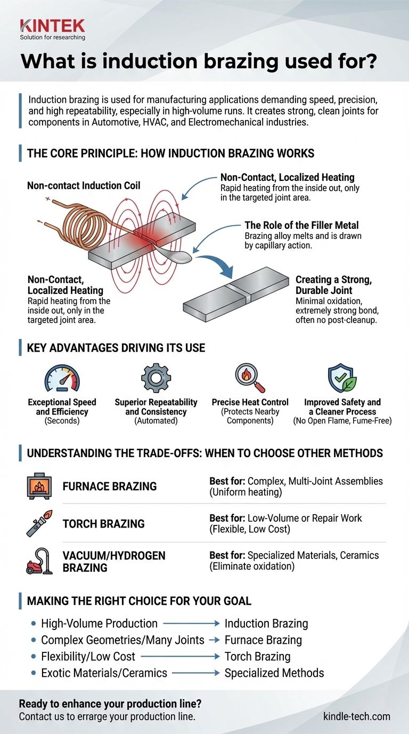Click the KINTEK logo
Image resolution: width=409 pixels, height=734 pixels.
coord(52,26)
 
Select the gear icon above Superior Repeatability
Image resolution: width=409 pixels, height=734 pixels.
coord(156,379)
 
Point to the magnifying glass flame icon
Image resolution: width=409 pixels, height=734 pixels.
coord(250,379)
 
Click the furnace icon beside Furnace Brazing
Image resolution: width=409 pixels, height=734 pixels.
coord(39,486)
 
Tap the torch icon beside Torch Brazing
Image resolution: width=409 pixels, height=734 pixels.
coord(39,523)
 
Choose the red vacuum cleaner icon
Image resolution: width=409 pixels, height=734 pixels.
coord(39,561)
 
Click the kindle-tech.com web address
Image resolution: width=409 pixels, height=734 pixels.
coord(356,716)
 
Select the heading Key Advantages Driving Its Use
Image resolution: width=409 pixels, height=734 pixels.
coord(116,348)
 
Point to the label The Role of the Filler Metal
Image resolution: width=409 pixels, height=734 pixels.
coord(301,226)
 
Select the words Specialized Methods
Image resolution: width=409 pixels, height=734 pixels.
coord(274,673)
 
